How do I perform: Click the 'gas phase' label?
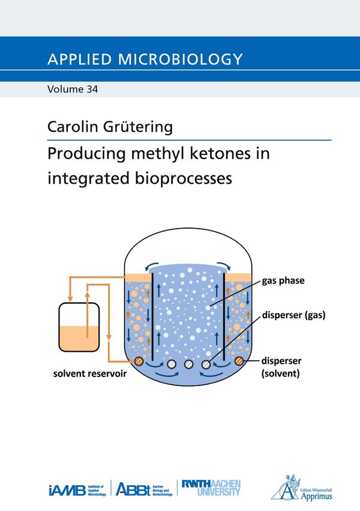click(x=283, y=280)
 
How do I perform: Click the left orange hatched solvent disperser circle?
click(x=139, y=361)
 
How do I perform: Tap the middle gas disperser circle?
click(x=189, y=364)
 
